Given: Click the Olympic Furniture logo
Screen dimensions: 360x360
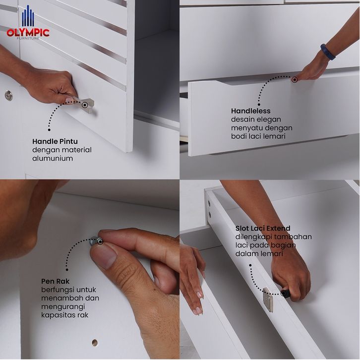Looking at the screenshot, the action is pyautogui.click(x=28, y=22).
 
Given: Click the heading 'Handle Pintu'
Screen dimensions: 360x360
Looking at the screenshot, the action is pyautogui.click(x=55, y=141).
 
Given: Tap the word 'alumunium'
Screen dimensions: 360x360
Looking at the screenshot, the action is pyautogui.click(x=53, y=158).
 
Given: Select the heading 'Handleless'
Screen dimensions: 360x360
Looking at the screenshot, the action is pyautogui.click(x=251, y=111).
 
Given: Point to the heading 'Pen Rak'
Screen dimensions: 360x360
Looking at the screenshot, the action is pyautogui.click(x=55, y=281).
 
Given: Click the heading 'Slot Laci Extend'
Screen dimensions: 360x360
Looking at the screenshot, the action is pyautogui.click(x=263, y=228).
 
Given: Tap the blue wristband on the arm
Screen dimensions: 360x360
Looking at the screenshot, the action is pyautogui.click(x=328, y=52).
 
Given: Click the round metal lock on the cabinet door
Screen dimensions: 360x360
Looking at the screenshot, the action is pyautogui.click(x=8, y=95).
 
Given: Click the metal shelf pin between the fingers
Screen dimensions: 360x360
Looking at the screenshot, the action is pyautogui.click(x=96, y=241).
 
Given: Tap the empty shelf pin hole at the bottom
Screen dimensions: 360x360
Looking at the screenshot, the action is pyautogui.click(x=95, y=343).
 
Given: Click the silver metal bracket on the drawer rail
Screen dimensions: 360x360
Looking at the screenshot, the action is pyautogui.click(x=268, y=300).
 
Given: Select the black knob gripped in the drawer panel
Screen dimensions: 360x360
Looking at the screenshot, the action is pyautogui.click(x=286, y=294).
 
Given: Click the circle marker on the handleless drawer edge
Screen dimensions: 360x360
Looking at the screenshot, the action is pyautogui.click(x=295, y=80).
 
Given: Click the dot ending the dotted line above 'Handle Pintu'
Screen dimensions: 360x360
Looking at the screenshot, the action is pyautogui.click(x=49, y=130).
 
